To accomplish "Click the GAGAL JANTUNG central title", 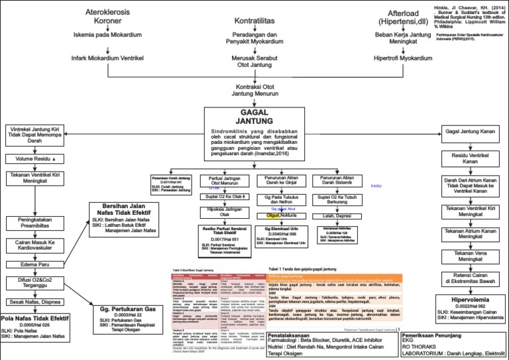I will [255, 117].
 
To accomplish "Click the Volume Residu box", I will [36, 158].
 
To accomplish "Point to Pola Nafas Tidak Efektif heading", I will [35, 318].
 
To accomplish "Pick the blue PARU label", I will [376, 186].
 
